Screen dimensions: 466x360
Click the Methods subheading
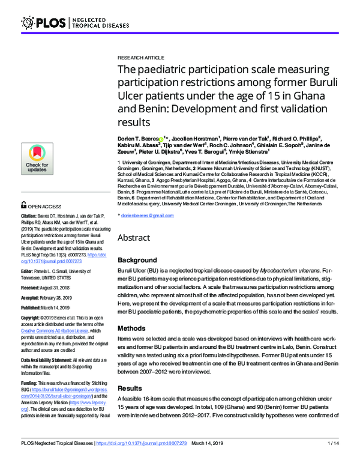(132, 329)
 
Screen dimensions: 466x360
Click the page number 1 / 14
(332, 459)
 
